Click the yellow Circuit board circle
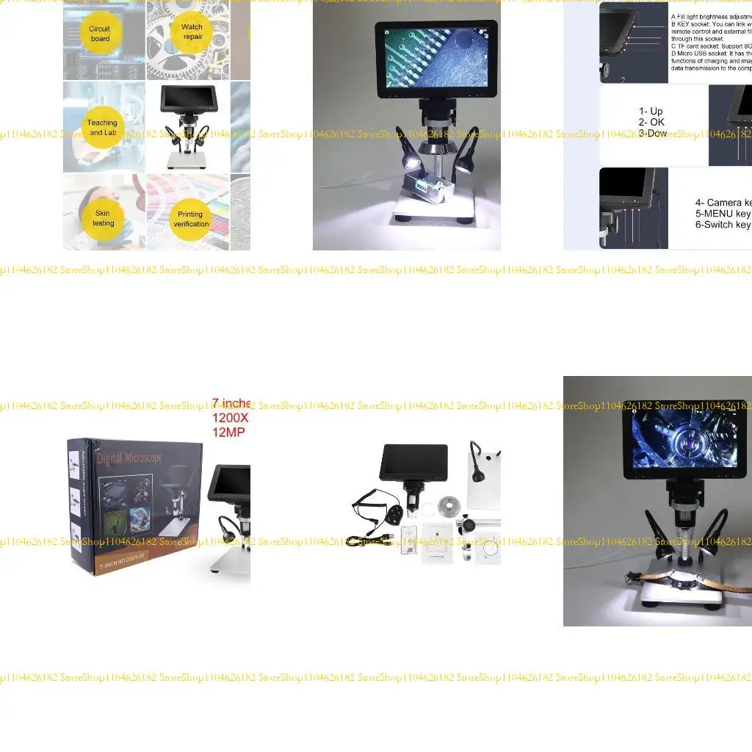tap(100, 34)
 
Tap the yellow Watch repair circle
tap(192, 32)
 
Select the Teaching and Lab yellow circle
tap(102, 128)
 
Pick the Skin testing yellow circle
tap(103, 218)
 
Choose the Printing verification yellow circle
tap(191, 219)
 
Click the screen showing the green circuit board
tap(436, 56)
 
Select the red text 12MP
tap(228, 432)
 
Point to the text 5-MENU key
tap(723, 214)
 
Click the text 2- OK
tap(651, 122)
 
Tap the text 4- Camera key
tap(723, 203)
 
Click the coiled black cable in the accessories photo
tap(370, 507)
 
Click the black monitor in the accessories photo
tap(412, 463)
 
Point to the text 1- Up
tap(651, 112)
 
